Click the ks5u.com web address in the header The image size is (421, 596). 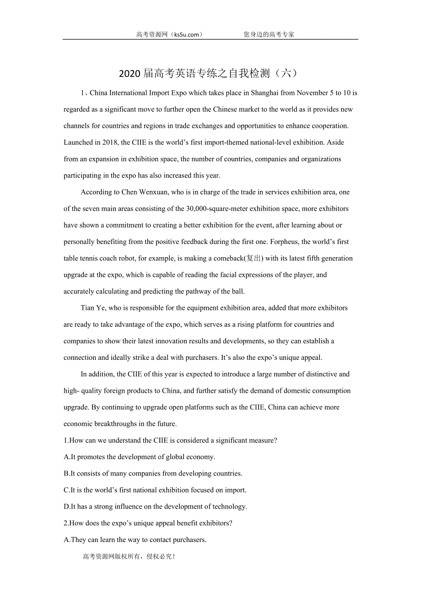coord(185,34)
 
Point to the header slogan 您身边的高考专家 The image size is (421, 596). coord(269,34)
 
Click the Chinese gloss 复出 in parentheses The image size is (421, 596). coord(254,258)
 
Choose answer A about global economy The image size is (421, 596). coord(140,457)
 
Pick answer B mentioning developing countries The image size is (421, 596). coord(153,473)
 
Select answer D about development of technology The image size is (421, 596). coord(156,507)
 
